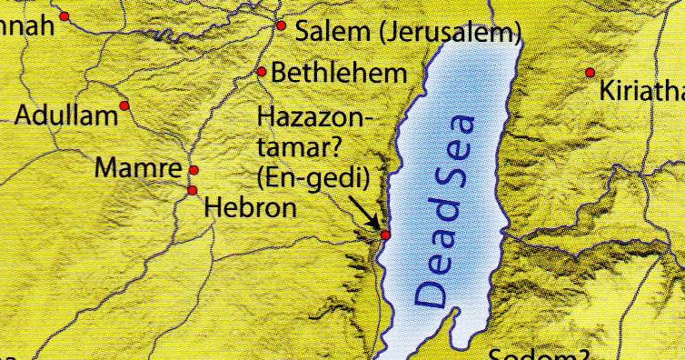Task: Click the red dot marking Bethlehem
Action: pos(261,72)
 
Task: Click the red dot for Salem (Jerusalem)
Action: pos(281,26)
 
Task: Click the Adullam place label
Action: pos(67,115)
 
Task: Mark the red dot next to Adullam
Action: pos(124,105)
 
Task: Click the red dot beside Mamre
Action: pos(193,170)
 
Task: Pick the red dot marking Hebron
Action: pos(192,190)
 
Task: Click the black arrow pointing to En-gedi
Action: pos(367,215)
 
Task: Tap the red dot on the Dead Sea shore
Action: pos(384,235)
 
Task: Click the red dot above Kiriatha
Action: pos(591,73)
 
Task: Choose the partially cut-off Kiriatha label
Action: pos(640,92)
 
